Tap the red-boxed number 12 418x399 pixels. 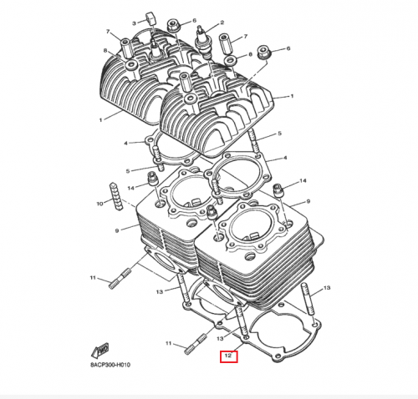coord(228,357)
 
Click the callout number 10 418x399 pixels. coord(99,203)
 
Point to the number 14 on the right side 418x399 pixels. coord(304,181)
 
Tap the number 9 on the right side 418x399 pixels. coord(308,201)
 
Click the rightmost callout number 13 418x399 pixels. coord(328,287)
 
